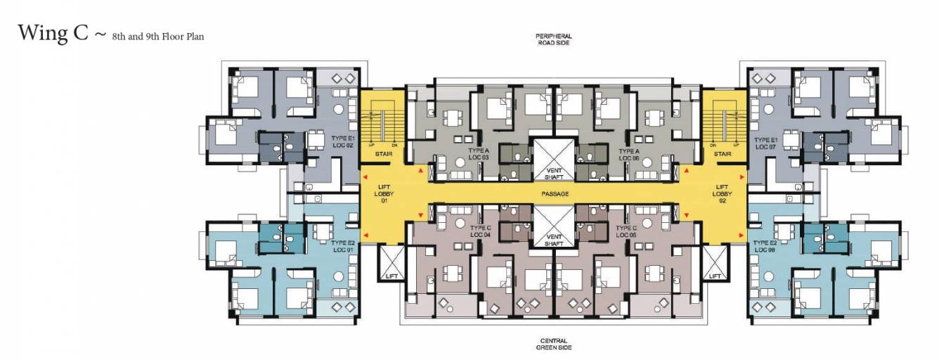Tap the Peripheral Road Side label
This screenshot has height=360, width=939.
553,39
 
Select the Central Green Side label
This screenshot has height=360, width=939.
553,343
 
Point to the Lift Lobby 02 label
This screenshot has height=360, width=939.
723,193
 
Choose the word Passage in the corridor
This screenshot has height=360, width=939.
555,193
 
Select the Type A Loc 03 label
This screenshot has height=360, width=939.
478,154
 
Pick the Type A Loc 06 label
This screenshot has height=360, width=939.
629,154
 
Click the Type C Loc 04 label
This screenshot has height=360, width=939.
479,231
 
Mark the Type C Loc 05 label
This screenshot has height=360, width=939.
626,231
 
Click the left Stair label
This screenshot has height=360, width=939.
383,153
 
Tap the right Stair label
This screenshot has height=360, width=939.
723,153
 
